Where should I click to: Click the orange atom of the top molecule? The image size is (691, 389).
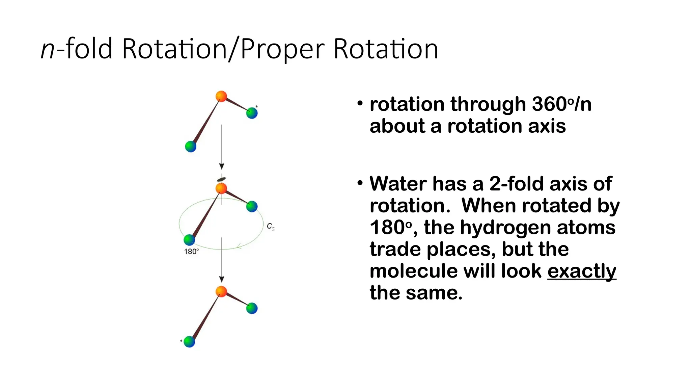tap(221, 96)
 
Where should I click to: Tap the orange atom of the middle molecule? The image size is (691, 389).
tap(221, 188)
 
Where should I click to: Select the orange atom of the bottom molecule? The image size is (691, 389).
tap(221, 291)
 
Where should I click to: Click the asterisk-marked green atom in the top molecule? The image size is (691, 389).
tap(252, 113)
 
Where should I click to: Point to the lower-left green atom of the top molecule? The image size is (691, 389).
tap(191, 147)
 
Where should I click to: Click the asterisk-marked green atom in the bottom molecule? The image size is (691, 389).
tap(189, 341)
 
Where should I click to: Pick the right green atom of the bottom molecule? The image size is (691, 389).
tap(252, 308)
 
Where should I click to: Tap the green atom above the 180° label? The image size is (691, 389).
tap(189, 240)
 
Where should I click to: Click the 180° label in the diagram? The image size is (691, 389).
tap(191, 252)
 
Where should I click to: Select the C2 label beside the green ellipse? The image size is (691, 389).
tap(271, 227)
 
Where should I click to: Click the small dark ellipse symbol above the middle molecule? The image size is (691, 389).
tap(221, 179)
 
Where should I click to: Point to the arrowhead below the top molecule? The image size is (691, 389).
tap(222, 166)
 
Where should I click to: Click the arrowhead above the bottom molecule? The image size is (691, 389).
tap(222, 279)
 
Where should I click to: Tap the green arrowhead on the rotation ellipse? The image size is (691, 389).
tap(239, 247)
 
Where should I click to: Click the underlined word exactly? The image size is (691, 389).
tap(581, 271)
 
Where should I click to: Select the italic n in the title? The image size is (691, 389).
tap(47, 50)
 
